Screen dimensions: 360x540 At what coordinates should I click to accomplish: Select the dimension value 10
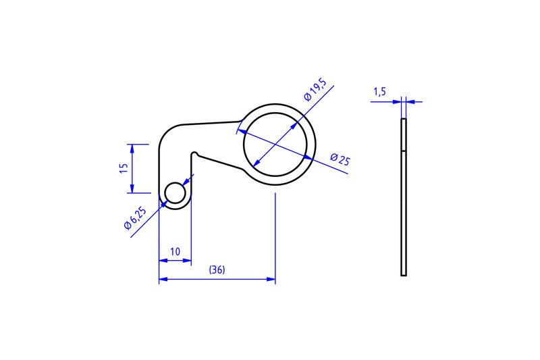coord(175,251)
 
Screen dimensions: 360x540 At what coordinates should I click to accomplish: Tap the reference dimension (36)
coord(217,269)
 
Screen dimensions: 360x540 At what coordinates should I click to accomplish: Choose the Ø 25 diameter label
coord(340,160)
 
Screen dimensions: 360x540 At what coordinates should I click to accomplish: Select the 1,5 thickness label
coord(379,92)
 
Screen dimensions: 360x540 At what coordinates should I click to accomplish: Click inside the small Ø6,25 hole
coord(175,193)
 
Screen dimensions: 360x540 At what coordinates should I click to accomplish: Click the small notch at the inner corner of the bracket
coord(194,153)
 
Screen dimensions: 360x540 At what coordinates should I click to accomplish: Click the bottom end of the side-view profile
coord(404,274)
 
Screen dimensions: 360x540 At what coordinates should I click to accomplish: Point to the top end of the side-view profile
coord(404,120)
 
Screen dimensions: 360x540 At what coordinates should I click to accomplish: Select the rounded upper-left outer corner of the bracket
coord(167,132)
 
